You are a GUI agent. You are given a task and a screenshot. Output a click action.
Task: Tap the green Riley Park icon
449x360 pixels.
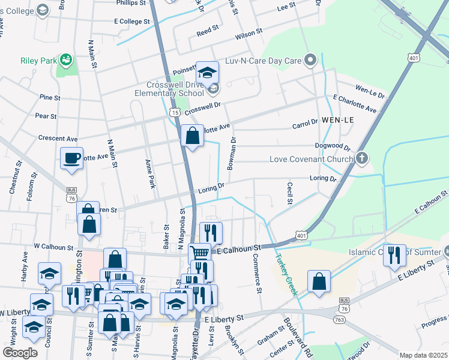[x=67, y=59]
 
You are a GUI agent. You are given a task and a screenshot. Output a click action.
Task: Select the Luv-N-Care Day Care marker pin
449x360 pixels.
[x=310, y=59]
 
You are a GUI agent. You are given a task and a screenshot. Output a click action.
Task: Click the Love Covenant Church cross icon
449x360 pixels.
[x=361, y=159]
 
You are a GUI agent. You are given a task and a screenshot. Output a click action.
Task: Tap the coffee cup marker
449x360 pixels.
[x=72, y=158]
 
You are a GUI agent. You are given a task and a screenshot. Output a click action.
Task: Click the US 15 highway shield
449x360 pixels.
[x=175, y=112]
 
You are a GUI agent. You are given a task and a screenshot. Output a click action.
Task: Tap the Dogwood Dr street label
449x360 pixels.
[x=333, y=146]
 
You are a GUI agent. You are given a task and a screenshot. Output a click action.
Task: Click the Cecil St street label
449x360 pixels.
[x=289, y=193]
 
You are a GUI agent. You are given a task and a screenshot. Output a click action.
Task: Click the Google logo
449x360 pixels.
[x=20, y=353]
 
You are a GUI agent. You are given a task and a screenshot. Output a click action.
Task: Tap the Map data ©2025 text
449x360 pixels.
[x=423, y=355]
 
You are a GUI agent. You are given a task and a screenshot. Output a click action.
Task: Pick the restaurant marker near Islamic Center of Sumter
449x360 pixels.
[x=394, y=255]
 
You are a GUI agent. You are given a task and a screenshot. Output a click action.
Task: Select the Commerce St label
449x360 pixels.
[x=258, y=274]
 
